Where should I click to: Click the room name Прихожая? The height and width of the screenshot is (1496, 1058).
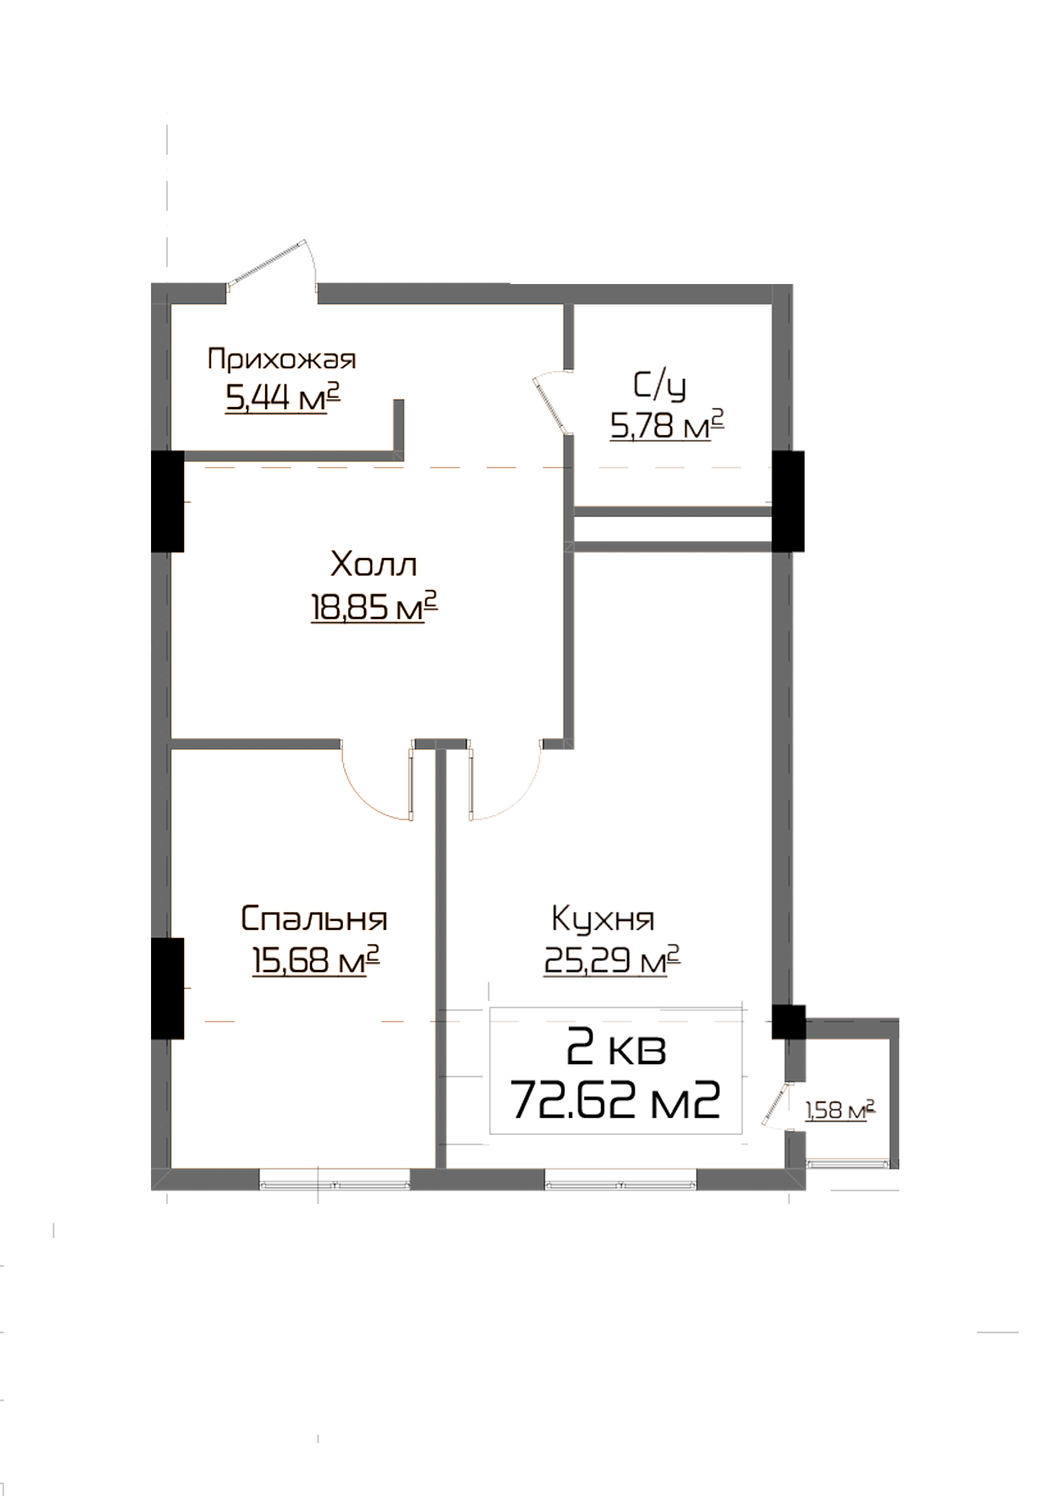[282, 359]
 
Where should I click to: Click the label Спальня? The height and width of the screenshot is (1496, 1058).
[314, 919]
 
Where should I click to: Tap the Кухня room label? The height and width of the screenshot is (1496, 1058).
[607, 918]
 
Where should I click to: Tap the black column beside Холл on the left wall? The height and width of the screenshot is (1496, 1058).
[168, 501]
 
